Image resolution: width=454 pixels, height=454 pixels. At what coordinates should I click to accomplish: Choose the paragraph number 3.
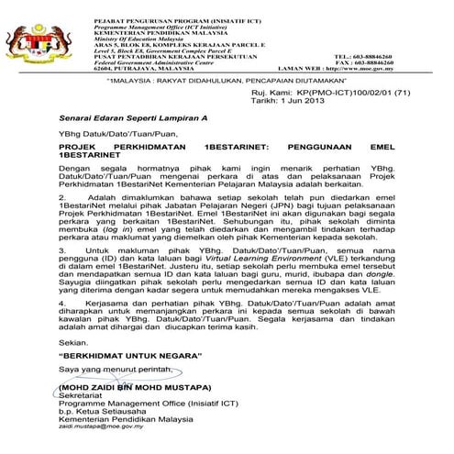coord(61,249)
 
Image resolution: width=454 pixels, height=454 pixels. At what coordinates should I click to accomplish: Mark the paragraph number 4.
coord(61,301)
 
